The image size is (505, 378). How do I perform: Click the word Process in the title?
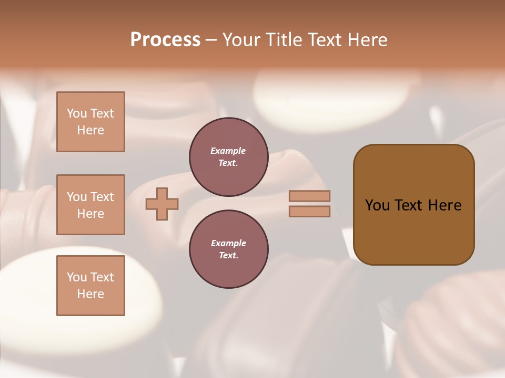pos(165,40)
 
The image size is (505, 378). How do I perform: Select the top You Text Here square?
pos(90,122)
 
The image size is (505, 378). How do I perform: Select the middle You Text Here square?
pos(90,205)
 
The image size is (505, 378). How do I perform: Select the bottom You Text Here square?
pos(90,285)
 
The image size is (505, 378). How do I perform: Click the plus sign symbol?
pos(162,204)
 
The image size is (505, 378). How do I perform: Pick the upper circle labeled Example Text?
pos(228,157)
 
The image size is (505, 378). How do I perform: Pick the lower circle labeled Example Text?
pos(228,249)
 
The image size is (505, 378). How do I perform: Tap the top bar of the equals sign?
pos(310,196)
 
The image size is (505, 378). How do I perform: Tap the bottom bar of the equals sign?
pos(310,212)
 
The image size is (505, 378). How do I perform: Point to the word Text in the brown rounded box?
pos(409,205)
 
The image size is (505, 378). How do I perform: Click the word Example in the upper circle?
pos(228,151)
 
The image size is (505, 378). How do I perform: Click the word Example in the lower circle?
pos(228,243)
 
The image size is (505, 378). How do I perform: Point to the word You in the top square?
pos(77,113)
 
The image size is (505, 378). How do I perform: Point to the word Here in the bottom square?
pos(90,294)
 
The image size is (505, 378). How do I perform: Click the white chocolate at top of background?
pos(331,97)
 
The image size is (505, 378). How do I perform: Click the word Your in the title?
pos(241,40)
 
